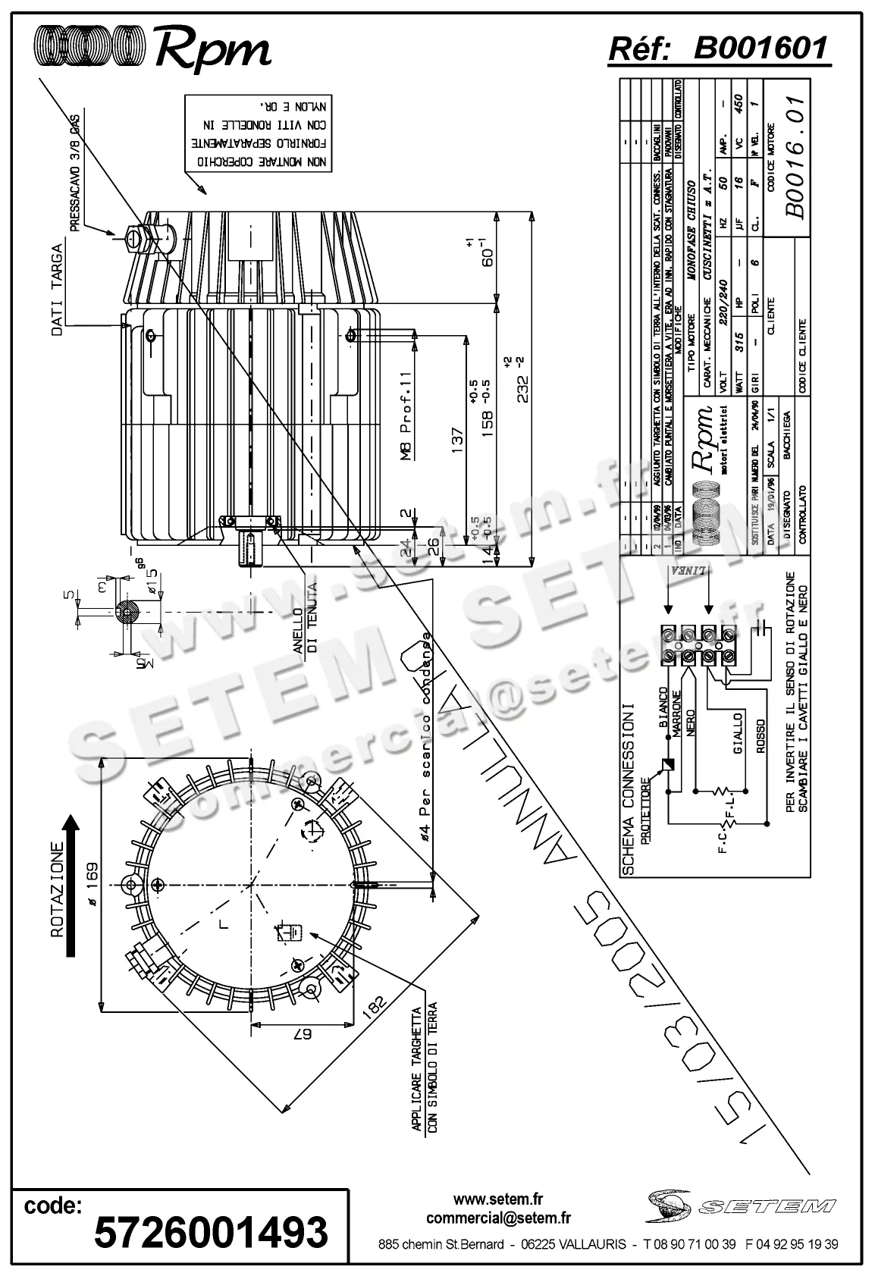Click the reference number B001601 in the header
[761, 49]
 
